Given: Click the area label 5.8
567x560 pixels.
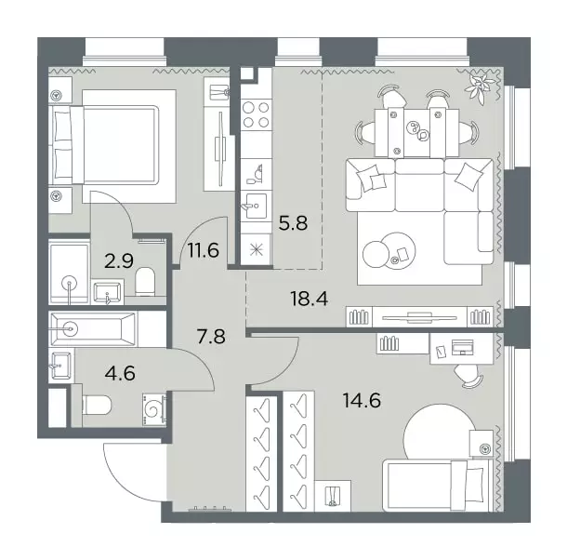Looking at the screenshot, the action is pyautogui.click(x=293, y=223).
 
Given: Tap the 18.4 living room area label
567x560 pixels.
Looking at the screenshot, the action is pyautogui.click(x=310, y=299).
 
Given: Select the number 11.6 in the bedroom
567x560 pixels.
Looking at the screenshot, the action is pyautogui.click(x=204, y=250).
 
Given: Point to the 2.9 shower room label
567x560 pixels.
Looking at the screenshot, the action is pyautogui.click(x=119, y=260).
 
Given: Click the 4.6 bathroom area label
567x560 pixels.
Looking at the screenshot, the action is pyautogui.click(x=120, y=373).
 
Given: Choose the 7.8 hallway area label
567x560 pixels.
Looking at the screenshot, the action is pyautogui.click(x=211, y=337).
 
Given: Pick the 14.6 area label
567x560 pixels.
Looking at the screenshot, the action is pyautogui.click(x=362, y=400).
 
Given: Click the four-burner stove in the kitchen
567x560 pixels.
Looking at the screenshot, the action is pyautogui.click(x=257, y=114).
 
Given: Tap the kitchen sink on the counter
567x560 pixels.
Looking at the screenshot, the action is pyautogui.click(x=256, y=206).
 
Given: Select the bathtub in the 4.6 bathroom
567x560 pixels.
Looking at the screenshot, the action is pyautogui.click(x=93, y=329).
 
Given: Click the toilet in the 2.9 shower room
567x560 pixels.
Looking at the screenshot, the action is pyautogui.click(x=145, y=281).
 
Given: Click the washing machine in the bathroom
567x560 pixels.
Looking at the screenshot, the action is pyautogui.click(x=155, y=409).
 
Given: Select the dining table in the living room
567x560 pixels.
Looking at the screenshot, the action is pyautogui.click(x=416, y=132).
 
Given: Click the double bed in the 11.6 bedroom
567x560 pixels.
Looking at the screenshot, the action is pyautogui.click(x=113, y=145).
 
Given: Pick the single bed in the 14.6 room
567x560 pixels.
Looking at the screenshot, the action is pyautogui.click(x=438, y=485).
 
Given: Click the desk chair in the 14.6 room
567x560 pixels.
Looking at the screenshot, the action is pyautogui.click(x=468, y=376).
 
